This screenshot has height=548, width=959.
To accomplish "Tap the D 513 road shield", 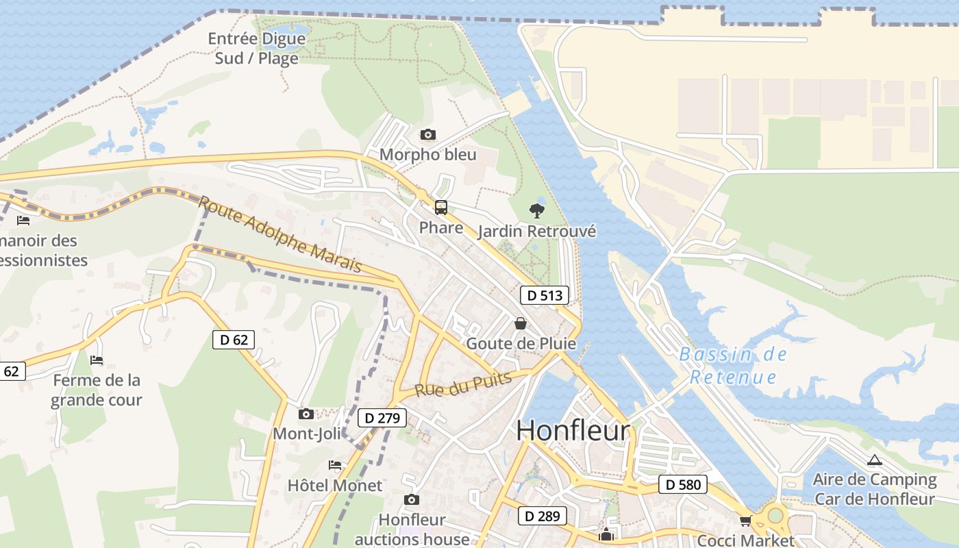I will click(545, 295).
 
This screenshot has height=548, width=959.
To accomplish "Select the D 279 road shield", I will click(382, 418).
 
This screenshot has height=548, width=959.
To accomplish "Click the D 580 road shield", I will click(683, 484).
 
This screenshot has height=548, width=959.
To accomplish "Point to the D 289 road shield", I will click(542, 516).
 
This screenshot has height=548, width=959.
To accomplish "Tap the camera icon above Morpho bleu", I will click(427, 134).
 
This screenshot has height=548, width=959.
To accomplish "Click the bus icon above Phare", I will click(441, 207).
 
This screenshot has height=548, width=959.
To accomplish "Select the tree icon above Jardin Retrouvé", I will click(537, 210).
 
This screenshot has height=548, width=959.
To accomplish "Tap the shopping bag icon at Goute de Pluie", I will click(521, 323).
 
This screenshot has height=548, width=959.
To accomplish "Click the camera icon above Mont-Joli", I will click(306, 414).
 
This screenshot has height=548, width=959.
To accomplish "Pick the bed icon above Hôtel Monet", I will click(335, 465).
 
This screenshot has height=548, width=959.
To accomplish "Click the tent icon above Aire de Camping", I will click(874, 460).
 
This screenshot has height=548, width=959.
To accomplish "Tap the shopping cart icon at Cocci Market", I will click(745, 521).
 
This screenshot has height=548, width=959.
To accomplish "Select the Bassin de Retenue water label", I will click(733, 366).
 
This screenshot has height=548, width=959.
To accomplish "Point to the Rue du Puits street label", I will click(463, 385).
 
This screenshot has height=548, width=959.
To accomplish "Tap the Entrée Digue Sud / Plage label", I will click(257, 48).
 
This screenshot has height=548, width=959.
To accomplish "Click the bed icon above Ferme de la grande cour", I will click(97, 360).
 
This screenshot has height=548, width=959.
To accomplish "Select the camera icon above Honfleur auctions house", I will click(411, 499).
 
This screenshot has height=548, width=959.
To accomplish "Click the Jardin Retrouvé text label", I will click(536, 232).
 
